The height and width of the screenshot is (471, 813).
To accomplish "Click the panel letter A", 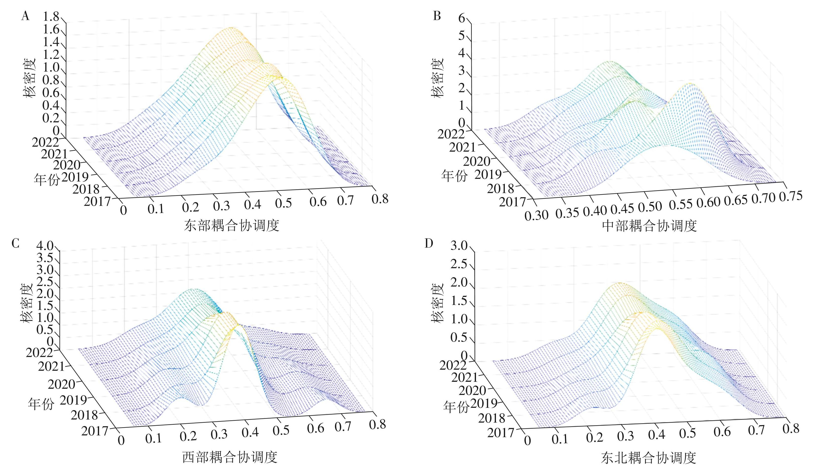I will click(x=25, y=16).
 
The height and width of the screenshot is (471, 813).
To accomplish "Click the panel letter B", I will click(x=437, y=16).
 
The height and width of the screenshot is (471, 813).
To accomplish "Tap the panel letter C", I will click(x=16, y=244).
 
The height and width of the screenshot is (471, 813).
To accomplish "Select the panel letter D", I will click(x=429, y=244).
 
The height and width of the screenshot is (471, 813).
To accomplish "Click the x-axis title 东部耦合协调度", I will click(x=231, y=225).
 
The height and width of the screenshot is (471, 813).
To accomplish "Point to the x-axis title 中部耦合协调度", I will click(x=649, y=226).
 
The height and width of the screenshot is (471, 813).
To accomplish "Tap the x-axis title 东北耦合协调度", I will click(x=648, y=457).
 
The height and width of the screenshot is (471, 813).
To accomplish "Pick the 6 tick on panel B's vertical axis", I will click(x=462, y=18).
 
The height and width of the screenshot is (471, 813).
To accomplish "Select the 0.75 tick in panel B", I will click(x=790, y=196).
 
